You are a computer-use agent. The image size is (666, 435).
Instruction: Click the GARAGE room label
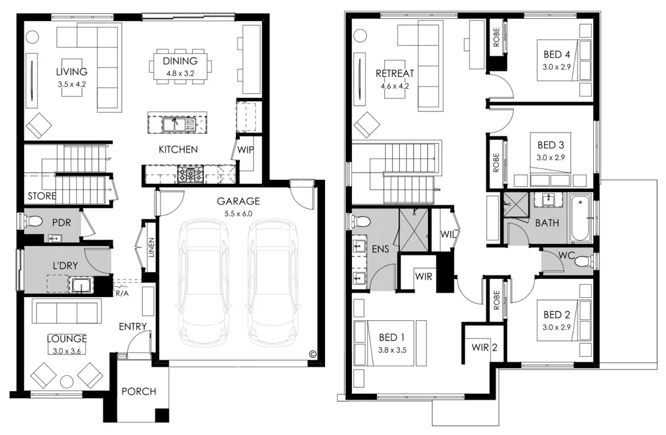(239, 201)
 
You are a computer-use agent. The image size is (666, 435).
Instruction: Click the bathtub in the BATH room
(581, 218)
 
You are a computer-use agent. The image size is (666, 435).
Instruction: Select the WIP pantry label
(246, 150)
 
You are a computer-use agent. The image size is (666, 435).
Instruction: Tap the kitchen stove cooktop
(190, 175)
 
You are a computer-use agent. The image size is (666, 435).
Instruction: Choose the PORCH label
(139, 392)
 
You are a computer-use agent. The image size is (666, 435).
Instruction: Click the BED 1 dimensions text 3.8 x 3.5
(393, 350)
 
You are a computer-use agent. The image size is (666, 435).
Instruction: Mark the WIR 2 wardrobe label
(484, 348)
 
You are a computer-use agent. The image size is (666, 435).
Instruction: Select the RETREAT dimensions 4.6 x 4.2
(394, 85)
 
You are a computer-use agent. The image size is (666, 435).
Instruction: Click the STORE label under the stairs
(41, 196)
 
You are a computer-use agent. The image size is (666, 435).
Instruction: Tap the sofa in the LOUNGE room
(67, 312)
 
